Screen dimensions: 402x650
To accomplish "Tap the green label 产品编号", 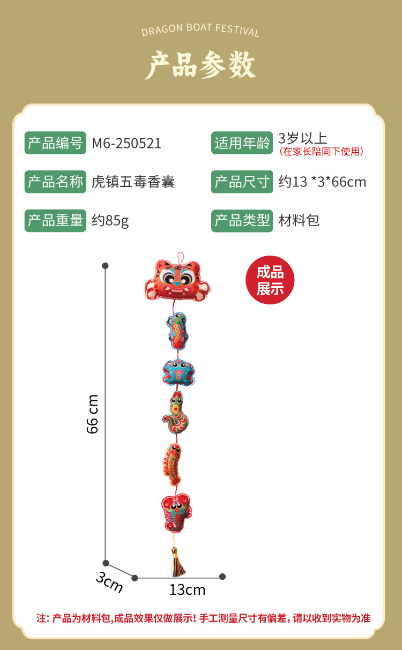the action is click(55, 143).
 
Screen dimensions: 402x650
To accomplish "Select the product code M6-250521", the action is click(126, 144).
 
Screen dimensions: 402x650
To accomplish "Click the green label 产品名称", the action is click(55, 182).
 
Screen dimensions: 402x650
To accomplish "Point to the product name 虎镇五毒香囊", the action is click(133, 182).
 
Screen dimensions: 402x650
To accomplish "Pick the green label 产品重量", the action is click(55, 220).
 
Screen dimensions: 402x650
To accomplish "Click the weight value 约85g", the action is click(110, 221).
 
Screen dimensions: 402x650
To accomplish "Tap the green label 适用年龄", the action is click(242, 143).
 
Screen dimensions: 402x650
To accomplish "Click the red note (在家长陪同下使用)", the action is click(322, 152).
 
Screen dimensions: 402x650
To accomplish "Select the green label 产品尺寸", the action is click(242, 182).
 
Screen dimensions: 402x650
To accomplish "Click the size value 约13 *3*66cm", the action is click(322, 182).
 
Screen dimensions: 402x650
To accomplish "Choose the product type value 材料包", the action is click(299, 220).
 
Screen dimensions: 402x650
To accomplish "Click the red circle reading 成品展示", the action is click(270, 280).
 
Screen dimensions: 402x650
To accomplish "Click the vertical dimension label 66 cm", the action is click(93, 414).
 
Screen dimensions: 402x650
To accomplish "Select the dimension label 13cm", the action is click(187, 590).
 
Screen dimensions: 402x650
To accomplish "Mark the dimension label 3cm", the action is click(109, 582).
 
